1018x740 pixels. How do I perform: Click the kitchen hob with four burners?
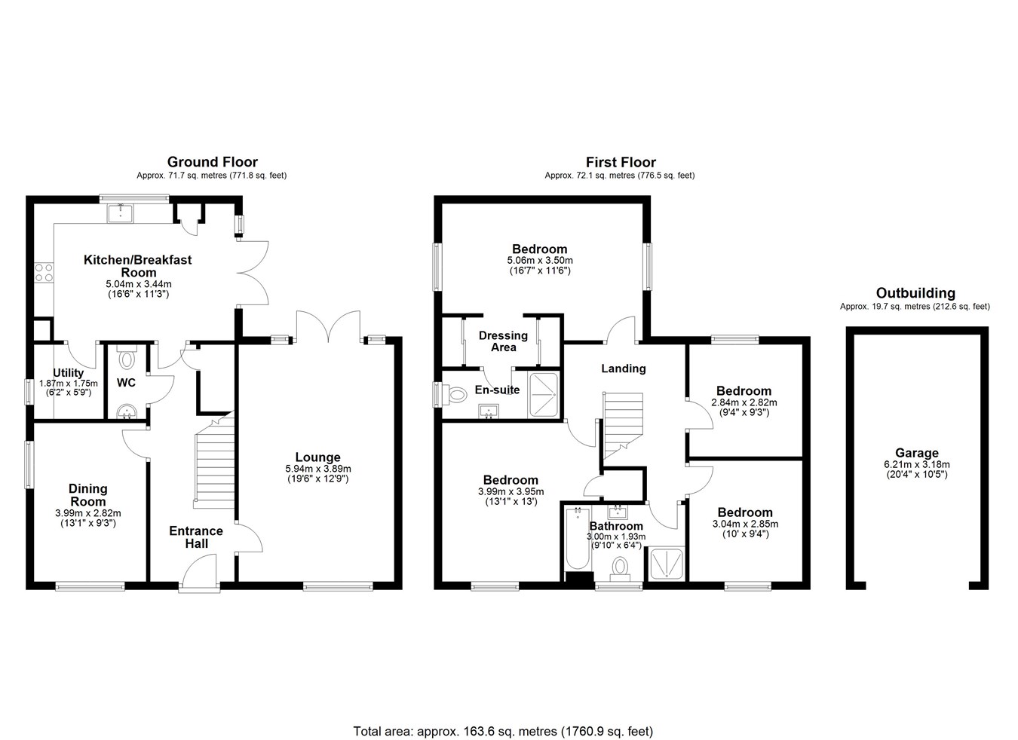coord(44,273)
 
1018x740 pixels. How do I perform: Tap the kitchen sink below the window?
coord(121,213)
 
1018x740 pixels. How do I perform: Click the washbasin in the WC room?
coord(127,411)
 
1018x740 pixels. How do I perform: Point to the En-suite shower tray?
coord(543,395)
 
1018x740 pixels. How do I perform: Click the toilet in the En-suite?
coord(455,394)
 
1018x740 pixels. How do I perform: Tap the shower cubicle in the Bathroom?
coord(667,564)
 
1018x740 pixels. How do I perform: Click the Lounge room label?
coord(317,457)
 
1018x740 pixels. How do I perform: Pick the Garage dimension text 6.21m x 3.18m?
coord(917,464)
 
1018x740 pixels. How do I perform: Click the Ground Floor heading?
coord(212,162)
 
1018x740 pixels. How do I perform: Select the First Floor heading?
coord(621,162)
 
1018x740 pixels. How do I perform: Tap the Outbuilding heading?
coord(915,292)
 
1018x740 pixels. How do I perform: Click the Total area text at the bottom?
coord(503,706)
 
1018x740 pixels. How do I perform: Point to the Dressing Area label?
coord(503,341)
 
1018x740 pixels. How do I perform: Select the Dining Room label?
coord(87,494)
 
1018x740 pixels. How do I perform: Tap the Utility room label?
coord(68,372)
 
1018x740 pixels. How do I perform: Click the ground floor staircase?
coord(214,460)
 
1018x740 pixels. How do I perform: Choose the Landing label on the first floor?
coord(623,368)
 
